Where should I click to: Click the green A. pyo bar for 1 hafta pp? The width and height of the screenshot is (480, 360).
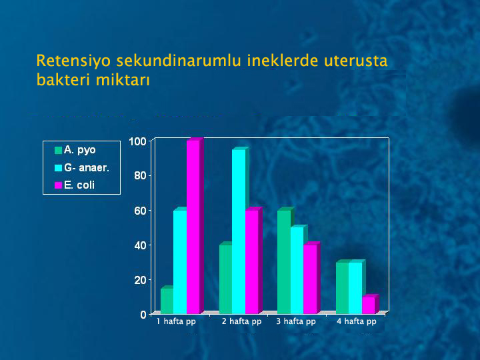[x=167, y=300]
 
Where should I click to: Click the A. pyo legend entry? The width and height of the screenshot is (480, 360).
[x=75, y=150]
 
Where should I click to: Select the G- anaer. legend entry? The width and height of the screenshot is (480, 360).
[x=82, y=167]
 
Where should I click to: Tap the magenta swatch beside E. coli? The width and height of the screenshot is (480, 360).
[x=58, y=185]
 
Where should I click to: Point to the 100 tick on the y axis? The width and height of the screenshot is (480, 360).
[x=138, y=142]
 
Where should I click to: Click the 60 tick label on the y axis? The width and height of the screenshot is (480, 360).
[x=141, y=211]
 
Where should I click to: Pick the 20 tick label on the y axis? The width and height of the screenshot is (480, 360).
[x=141, y=280]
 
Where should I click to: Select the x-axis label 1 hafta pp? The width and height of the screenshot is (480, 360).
[x=176, y=321]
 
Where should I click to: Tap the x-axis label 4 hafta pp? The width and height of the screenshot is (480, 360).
[x=357, y=321]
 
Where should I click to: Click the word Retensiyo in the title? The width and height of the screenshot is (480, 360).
[x=73, y=60]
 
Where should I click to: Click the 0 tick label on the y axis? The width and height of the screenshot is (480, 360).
[x=143, y=315]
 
